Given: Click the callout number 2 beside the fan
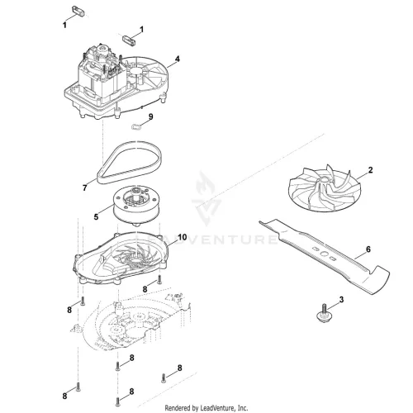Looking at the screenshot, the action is [x=370, y=170].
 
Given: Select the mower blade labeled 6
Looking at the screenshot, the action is [x=325, y=256].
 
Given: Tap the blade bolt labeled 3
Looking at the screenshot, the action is [x=324, y=314].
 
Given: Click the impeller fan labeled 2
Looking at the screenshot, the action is [x=321, y=191].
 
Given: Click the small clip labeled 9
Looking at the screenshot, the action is [x=135, y=127].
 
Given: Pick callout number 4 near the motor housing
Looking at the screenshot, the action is [x=178, y=59].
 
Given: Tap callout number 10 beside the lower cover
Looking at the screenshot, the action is [x=183, y=237].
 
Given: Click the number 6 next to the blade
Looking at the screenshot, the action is [x=368, y=249].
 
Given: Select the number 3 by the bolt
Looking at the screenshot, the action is [x=341, y=300].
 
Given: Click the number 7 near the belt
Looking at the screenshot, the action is [x=85, y=188].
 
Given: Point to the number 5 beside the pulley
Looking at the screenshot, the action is [x=96, y=217].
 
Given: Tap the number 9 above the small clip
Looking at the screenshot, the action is [x=150, y=116].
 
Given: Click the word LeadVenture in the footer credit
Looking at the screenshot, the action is [x=217, y=407].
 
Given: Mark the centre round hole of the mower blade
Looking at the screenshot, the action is [x=324, y=253].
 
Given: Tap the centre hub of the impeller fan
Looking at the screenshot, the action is [x=324, y=179].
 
